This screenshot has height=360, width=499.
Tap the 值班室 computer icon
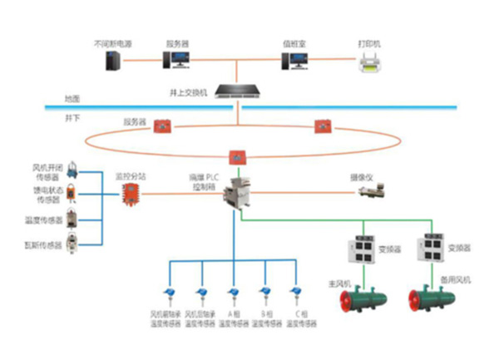(294, 60)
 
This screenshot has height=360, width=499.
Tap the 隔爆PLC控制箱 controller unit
(241, 194)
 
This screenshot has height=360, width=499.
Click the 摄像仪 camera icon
(368, 192)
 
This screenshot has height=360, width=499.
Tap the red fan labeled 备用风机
(432, 298)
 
